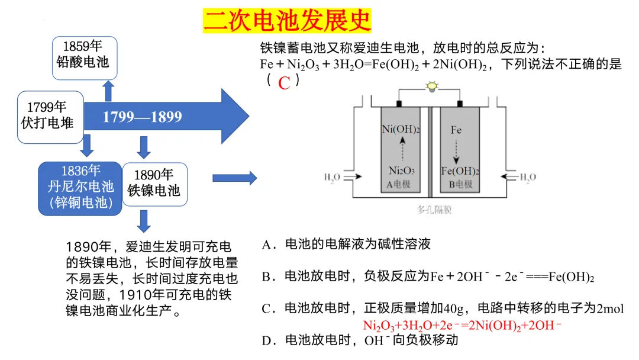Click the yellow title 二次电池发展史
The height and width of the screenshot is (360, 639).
pos(287,21)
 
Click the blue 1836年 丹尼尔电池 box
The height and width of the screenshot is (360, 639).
pos(80,187)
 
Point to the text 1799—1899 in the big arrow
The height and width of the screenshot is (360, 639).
pos(143,117)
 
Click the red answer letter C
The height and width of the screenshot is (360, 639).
pos(284,83)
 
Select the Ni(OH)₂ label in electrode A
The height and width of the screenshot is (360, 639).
pos(401,130)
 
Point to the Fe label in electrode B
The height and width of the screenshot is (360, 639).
pos(456,130)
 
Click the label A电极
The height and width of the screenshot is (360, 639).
pos(401,184)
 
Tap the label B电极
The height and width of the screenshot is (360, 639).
pos(460,184)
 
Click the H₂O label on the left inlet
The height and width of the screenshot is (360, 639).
pos(332,176)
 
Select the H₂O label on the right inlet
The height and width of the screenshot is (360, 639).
pos(528,176)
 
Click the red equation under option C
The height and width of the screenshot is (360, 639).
pos(461,326)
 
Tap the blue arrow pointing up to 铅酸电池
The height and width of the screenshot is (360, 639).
pos(108,91)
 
